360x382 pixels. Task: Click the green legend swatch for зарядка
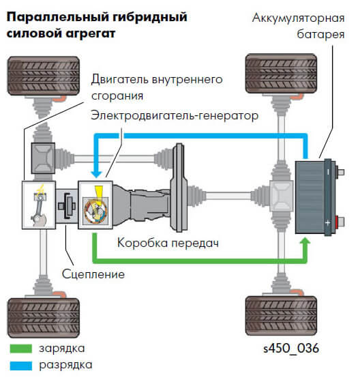pos(21,349)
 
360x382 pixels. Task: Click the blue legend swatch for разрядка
pos(21,366)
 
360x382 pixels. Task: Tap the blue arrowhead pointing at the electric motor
pos(96,174)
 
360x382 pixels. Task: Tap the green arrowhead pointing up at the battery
pos(305,241)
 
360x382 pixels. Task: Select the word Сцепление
pos(93,274)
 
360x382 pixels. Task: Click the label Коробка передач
pos(168,243)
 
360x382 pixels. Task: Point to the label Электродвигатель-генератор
pos(175,115)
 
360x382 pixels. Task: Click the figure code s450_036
pos(291,349)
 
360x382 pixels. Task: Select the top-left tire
pos(44,76)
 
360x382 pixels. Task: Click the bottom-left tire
pos(44,318)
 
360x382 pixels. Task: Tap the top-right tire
pos(282,74)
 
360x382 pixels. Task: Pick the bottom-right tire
pos(282,316)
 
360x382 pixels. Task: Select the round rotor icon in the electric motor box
pos(95,211)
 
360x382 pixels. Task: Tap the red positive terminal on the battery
pos(337,222)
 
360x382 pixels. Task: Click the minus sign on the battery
pos(328,172)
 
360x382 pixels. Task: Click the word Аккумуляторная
pos(299,18)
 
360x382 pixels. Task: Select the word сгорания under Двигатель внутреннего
pos(117,96)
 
